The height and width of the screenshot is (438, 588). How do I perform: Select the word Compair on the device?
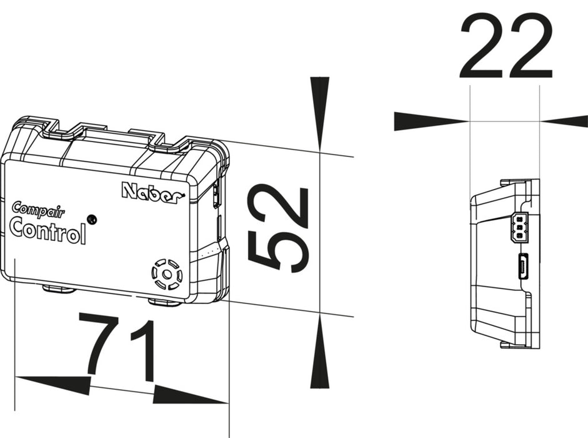click(38, 210)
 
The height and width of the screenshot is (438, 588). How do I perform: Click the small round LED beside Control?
click(91, 218)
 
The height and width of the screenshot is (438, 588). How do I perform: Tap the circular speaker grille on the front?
click(167, 275)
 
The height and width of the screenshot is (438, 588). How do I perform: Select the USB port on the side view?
click(524, 267)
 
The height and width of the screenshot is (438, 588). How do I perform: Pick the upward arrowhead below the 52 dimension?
click(319, 352)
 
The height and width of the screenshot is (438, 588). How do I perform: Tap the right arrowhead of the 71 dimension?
click(191, 394)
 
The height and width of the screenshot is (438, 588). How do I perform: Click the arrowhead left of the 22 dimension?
click(432, 121)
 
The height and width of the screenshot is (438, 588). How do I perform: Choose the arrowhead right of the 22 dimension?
click(564, 121)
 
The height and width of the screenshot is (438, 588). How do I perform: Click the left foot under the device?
click(59, 288)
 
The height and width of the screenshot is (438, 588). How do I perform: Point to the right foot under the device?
click(164, 302)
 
